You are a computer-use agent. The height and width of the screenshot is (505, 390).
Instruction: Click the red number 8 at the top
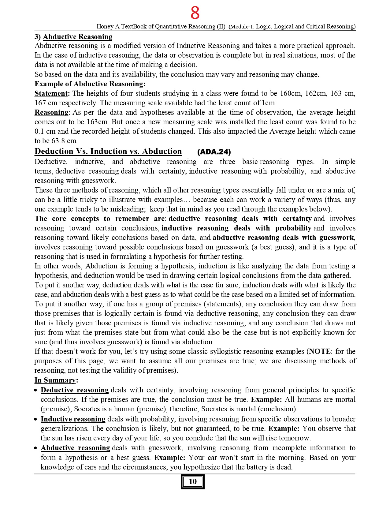tap(195, 13)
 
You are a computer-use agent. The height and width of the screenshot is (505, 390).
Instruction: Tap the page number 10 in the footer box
tap(192, 481)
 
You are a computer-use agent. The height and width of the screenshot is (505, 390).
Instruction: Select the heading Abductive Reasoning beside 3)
tap(77, 37)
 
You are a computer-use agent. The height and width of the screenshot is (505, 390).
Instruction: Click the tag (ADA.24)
tap(214, 152)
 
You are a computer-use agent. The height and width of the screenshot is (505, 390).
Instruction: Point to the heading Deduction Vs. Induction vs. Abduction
tap(108, 151)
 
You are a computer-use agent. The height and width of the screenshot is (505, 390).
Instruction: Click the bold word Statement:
tap(52, 93)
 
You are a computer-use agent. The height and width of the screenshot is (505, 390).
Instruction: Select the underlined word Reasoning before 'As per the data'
tap(51, 112)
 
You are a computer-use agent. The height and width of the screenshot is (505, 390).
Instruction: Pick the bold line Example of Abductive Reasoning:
tap(90, 84)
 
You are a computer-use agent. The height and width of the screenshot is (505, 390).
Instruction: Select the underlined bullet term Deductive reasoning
tap(75, 390)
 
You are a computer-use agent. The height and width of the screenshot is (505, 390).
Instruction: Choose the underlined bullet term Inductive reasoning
tap(73, 419)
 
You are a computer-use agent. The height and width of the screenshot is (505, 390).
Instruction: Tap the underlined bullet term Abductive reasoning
tap(75, 448)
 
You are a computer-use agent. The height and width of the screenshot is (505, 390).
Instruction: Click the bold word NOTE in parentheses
tap(320, 351)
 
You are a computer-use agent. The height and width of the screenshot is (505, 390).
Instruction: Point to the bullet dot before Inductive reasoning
tap(36, 419)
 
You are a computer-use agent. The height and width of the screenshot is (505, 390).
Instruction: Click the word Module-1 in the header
tap(242, 27)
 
